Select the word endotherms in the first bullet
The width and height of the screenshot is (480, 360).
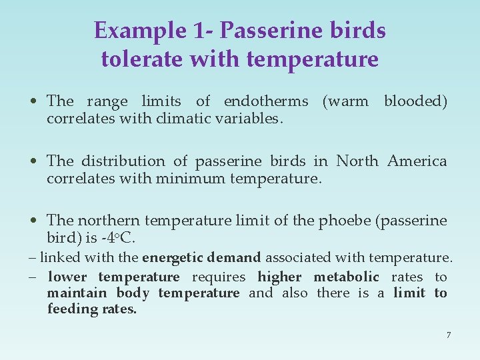point(266,101)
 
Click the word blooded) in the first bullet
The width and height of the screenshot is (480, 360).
point(415,101)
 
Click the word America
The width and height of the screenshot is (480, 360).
point(417,161)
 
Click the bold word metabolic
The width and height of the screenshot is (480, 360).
point(346,277)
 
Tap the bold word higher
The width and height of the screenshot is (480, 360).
point(279,277)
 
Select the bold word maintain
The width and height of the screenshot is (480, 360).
point(77,293)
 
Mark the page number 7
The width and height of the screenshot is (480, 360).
point(449,335)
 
